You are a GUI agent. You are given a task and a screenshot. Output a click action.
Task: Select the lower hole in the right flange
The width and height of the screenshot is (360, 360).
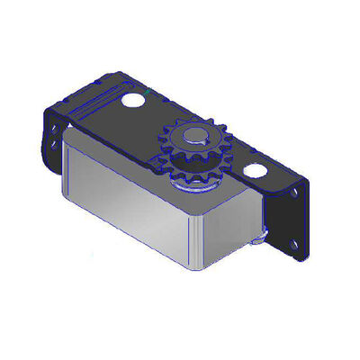click(x=295, y=241)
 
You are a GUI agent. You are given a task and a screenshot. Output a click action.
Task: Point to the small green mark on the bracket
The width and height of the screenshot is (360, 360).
click(x=146, y=94)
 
